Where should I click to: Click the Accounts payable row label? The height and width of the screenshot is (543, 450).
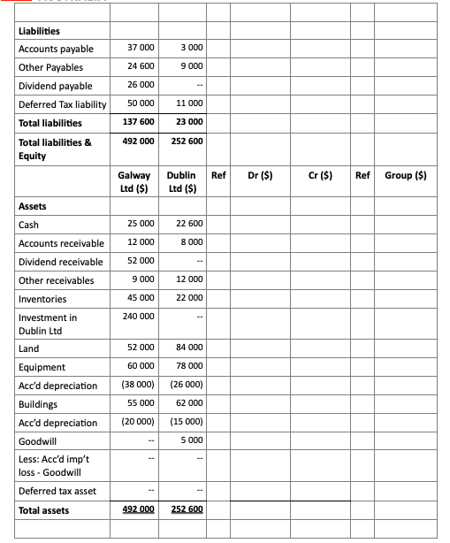56,49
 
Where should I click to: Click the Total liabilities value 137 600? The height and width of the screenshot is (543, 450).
140,123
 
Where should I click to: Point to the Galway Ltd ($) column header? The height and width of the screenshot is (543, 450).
133,182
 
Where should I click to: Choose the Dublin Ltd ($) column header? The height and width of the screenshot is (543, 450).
182,182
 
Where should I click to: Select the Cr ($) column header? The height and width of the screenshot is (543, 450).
320,176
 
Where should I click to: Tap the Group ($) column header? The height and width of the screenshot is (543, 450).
406,176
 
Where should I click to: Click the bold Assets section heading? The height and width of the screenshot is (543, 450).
34,206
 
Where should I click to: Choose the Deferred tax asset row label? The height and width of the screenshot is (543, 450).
57,491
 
